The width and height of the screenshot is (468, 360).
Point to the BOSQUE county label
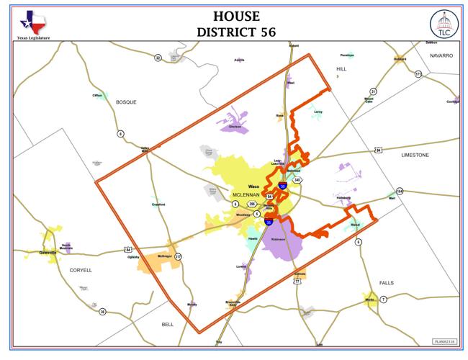(x=126, y=102)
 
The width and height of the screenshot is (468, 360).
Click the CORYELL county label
(x=80, y=270)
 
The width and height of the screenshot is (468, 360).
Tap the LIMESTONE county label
(x=415, y=155)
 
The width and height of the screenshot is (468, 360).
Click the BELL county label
(x=168, y=325)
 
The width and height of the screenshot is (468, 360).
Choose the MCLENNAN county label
(x=248, y=195)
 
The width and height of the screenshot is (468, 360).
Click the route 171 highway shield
(x=418, y=73)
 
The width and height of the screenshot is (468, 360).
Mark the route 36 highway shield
(x=103, y=311)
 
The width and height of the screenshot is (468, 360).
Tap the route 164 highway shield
(x=400, y=191)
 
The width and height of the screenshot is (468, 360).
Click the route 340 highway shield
(x=297, y=180)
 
